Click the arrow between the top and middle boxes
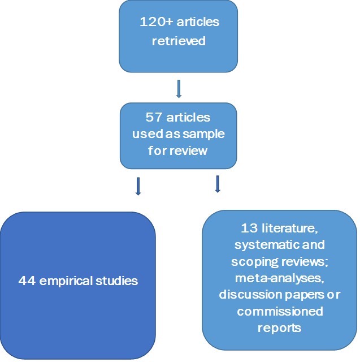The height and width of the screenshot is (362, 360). coord(179,88)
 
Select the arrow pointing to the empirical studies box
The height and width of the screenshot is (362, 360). coord(137,186)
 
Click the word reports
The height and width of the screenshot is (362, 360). coord(280,328)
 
